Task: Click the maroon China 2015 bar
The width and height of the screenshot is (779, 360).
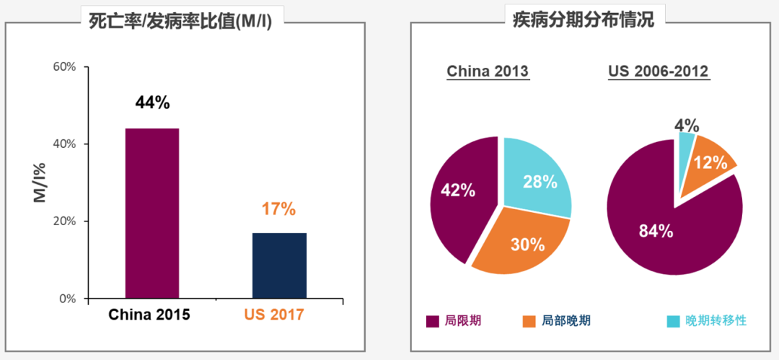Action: [x=152, y=213]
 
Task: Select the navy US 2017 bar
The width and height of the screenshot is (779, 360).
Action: [x=279, y=265]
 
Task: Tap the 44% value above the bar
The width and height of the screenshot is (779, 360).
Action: [x=152, y=102]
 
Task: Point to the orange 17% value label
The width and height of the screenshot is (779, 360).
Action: [x=278, y=209]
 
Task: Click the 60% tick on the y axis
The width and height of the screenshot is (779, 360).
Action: [x=65, y=67]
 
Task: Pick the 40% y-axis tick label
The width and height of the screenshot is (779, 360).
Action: [x=65, y=144]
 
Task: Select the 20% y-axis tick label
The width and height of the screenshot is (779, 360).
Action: [x=65, y=221]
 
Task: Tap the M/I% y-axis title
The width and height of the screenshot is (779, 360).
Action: [x=40, y=183]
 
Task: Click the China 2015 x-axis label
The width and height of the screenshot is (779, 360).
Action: [x=149, y=315]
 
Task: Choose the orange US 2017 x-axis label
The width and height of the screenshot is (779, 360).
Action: [x=274, y=315]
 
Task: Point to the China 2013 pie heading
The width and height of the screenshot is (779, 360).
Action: [x=488, y=72]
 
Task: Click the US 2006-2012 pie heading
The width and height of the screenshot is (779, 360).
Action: [x=659, y=72]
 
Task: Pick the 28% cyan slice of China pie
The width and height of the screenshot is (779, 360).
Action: [x=537, y=177]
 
